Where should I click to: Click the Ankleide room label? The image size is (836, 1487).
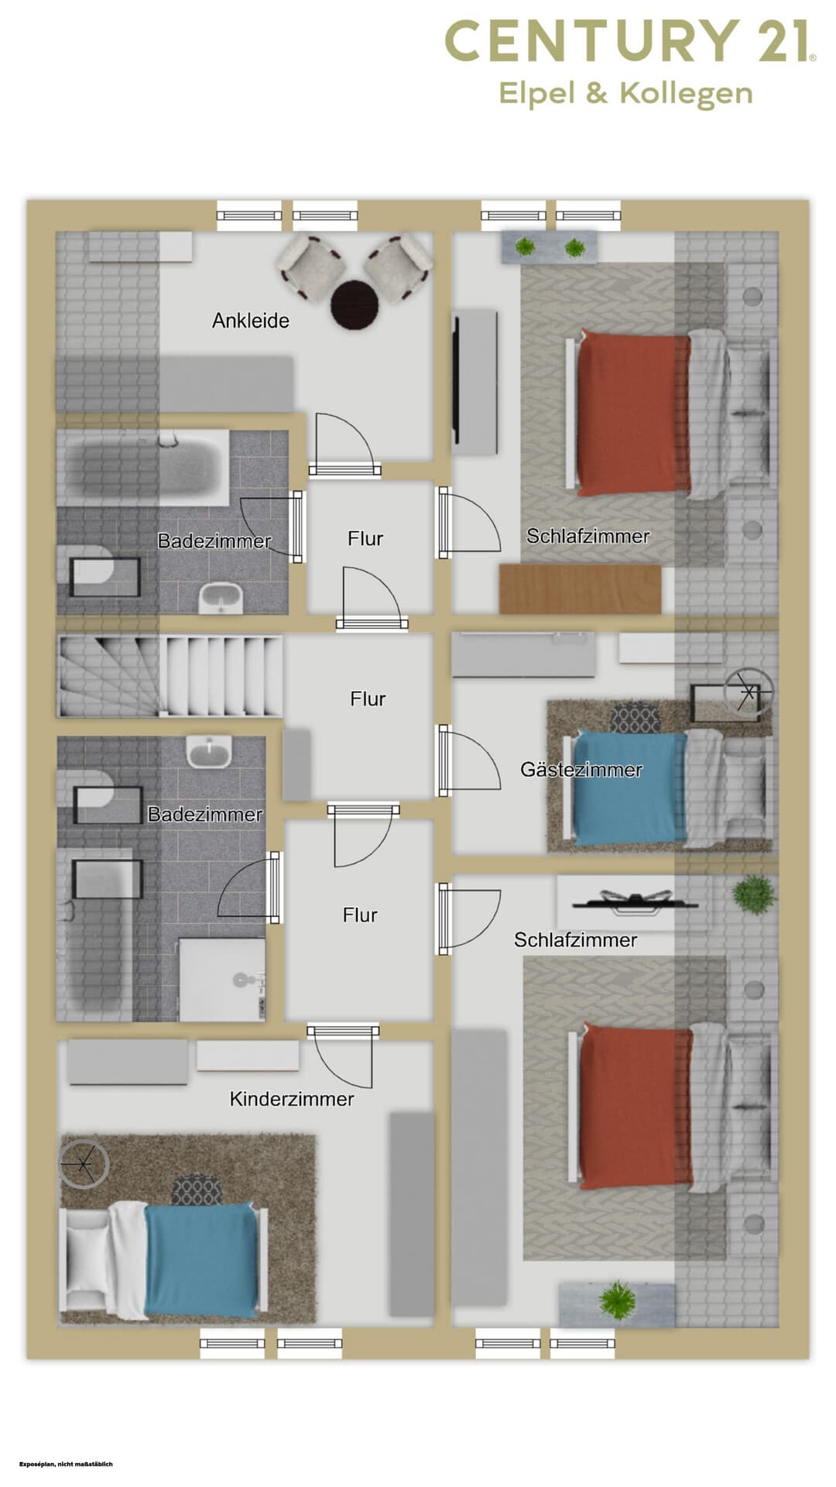(251, 321)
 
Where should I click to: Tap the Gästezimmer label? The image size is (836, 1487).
(581, 770)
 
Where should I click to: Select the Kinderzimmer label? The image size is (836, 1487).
(292, 1099)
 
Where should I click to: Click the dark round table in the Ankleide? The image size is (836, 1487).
(355, 304)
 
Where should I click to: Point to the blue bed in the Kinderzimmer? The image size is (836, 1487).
(201, 1260)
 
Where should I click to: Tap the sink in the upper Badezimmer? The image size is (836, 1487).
(221, 598)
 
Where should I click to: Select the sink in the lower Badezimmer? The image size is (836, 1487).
(209, 751)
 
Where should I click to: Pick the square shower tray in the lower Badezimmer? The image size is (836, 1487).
(222, 979)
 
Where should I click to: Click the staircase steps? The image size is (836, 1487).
(170, 676)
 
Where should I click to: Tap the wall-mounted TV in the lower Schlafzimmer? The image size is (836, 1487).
(635, 902)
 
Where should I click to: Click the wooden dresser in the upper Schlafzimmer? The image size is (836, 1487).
(581, 589)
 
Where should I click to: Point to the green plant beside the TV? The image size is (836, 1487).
(752, 894)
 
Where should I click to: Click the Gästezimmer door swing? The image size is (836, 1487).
(469, 761)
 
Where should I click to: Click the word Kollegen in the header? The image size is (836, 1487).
(686, 94)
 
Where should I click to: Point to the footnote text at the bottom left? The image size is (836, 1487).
(66, 1464)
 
